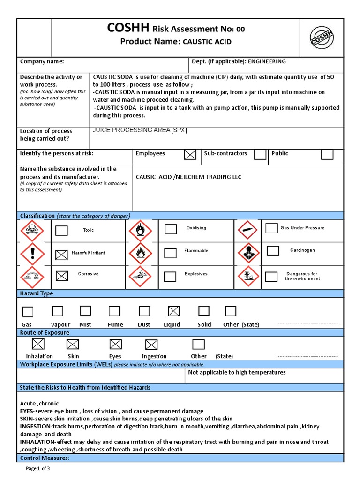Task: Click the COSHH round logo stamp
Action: (x=322, y=37)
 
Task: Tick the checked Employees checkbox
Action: (x=190, y=155)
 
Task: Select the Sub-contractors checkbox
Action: (x=260, y=155)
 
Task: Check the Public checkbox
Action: (x=327, y=155)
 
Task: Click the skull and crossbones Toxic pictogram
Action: (x=32, y=231)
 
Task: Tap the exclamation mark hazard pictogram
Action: (x=32, y=254)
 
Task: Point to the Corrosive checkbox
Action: (x=61, y=276)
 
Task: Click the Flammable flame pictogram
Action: (x=140, y=254)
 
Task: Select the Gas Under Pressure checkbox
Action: (x=271, y=228)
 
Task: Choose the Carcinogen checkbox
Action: (x=272, y=251)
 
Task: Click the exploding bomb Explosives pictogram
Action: (x=140, y=276)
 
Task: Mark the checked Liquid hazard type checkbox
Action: (x=173, y=311)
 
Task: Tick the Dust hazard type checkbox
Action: (x=144, y=311)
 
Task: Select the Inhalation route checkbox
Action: (x=38, y=344)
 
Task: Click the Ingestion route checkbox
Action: (x=151, y=345)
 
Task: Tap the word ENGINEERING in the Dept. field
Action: (x=267, y=61)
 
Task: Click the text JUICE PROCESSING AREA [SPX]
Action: (x=140, y=130)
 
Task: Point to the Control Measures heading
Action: (x=45, y=457)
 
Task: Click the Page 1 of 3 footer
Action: (x=37, y=468)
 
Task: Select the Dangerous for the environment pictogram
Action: (x=248, y=276)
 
